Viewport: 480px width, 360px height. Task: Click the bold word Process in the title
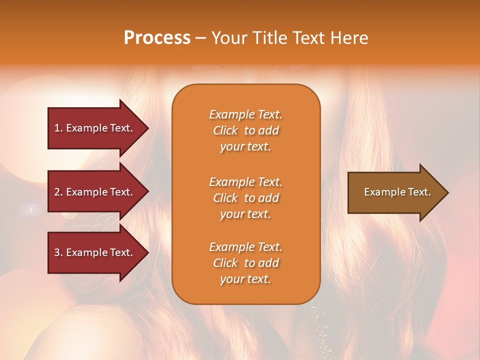157,38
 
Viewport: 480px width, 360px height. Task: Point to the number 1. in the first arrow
58,128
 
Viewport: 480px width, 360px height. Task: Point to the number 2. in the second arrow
58,192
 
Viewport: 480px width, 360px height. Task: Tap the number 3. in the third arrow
58,252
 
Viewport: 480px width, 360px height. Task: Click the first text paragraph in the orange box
245,130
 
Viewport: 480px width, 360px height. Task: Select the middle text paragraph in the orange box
245,197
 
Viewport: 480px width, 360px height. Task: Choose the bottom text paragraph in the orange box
245,263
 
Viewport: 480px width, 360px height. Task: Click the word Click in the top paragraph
225,130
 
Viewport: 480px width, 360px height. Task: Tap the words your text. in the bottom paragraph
245,279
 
